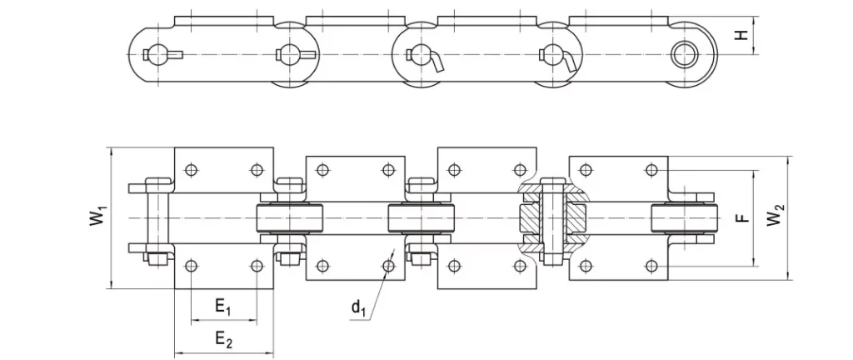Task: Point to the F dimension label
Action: click(x=744, y=217)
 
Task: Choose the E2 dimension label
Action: click(x=223, y=338)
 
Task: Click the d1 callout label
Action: click(x=358, y=309)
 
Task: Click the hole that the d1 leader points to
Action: click(x=388, y=266)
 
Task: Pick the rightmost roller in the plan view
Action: click(x=683, y=217)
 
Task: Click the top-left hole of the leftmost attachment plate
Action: click(x=192, y=170)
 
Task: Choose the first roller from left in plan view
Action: click(x=288, y=217)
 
